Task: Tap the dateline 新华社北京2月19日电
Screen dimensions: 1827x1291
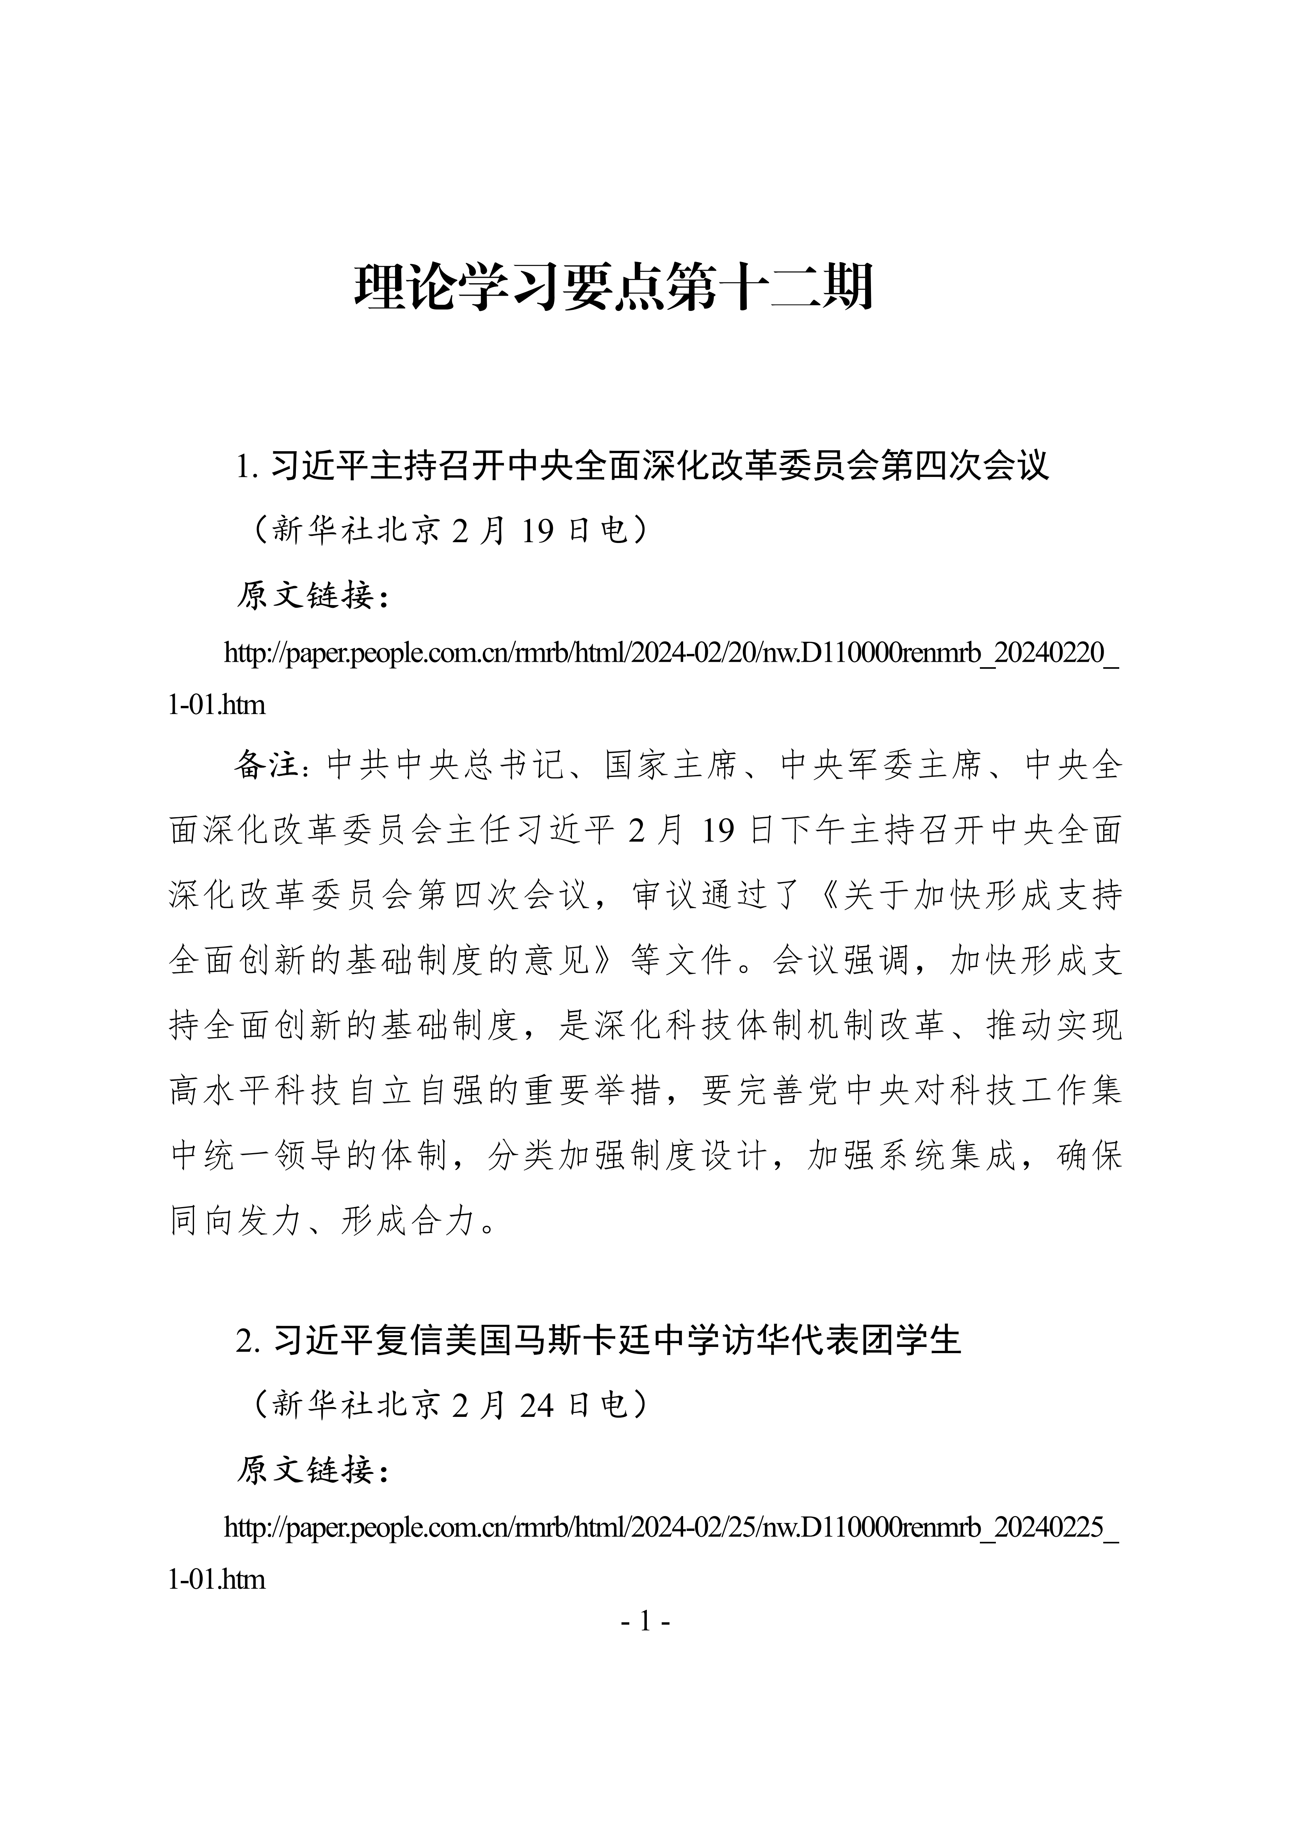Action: [451, 530]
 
